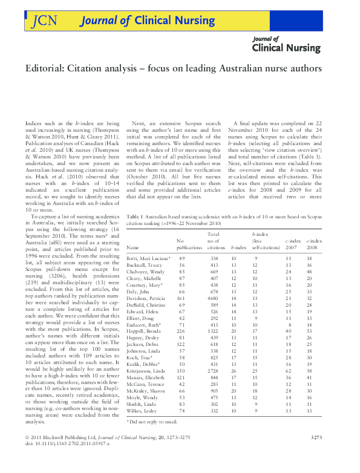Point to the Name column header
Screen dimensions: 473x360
click(133, 247)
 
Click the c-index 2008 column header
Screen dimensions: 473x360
click(313, 244)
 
